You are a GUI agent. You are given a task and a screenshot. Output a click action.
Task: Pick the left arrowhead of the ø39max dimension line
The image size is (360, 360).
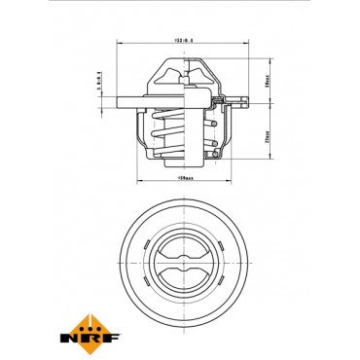(136, 184)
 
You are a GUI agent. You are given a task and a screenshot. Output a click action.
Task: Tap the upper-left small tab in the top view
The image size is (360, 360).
(157, 244)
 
